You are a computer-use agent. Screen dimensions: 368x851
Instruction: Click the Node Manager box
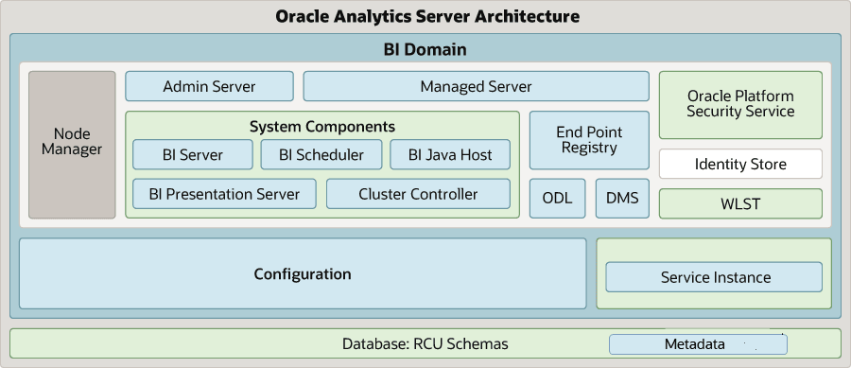pos(72,145)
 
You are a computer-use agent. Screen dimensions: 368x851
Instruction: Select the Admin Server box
pos(209,86)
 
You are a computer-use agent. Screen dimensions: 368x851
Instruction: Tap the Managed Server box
pos(476,86)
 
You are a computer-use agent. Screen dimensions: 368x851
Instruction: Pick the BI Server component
pos(193,155)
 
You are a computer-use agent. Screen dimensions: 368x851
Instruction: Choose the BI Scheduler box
pos(321,155)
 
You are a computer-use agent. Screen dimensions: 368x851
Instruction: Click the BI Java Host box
pos(449,155)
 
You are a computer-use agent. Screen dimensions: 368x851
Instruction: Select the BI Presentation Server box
pos(224,194)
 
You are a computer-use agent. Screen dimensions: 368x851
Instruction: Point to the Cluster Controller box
pos(418,194)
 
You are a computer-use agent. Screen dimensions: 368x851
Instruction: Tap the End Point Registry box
pos(589,140)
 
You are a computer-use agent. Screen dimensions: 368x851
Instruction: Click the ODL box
pos(557,198)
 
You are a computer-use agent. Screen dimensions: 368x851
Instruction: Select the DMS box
pos(622,198)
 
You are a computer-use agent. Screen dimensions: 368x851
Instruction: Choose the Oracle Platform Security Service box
pos(740,104)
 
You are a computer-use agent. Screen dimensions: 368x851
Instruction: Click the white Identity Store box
pos(740,164)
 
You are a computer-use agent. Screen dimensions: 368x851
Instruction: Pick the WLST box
pos(740,203)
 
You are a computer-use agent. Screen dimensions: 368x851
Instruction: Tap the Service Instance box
pos(714,277)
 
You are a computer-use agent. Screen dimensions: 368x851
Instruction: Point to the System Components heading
pos(322,126)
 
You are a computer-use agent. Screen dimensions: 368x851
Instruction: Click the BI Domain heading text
pos(425,49)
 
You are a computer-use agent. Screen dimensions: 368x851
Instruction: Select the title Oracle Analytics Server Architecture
pos(426,16)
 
